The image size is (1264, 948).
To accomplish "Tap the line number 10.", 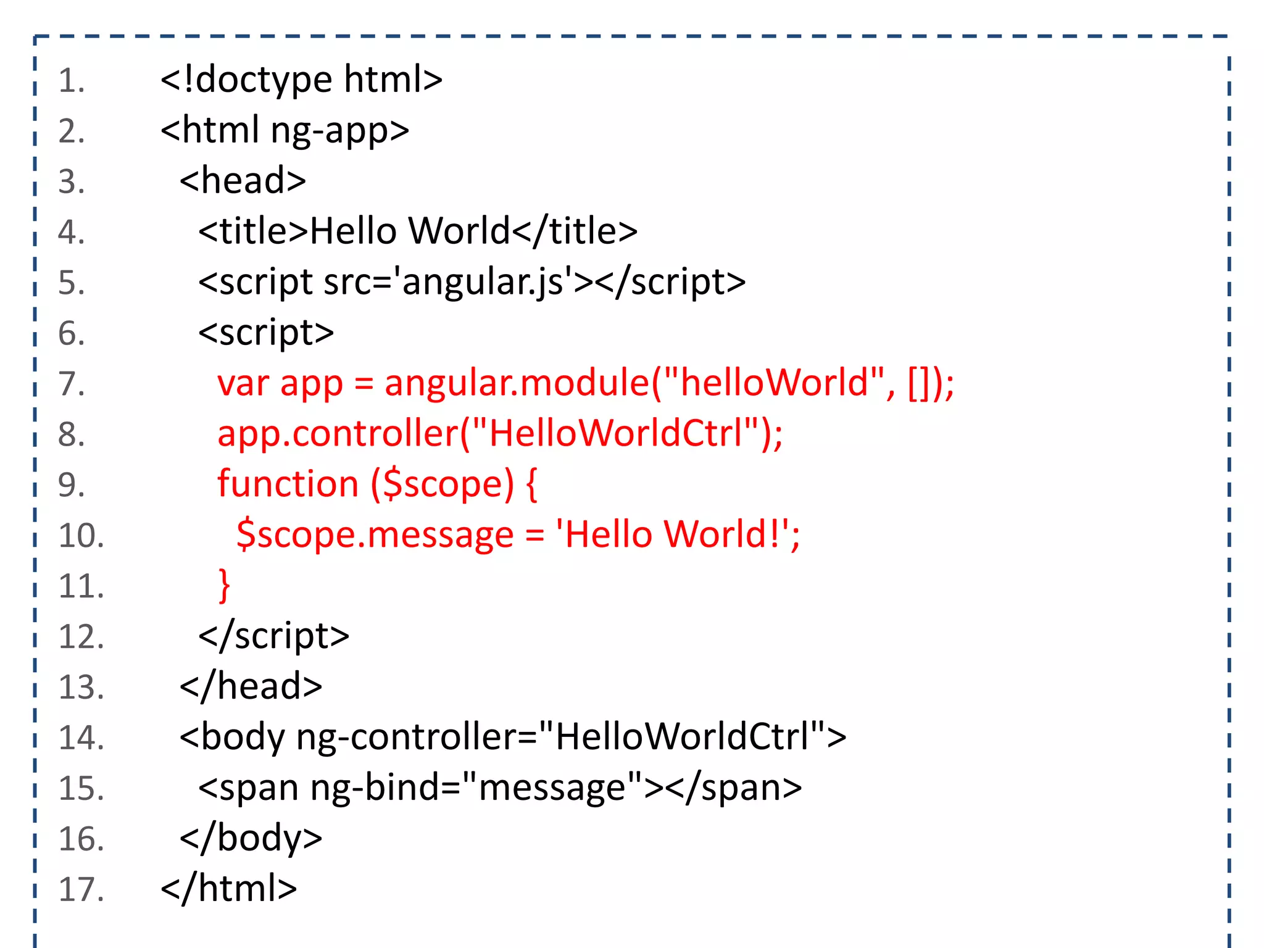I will pos(81,536).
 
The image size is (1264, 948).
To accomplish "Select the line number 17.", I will pos(81,890).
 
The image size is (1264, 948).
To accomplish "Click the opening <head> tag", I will pos(243,181).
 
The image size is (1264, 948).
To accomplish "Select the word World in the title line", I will pos(459,232).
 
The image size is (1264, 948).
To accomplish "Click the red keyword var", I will pos(243,384).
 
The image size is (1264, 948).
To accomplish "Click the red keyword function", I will pos(288,484).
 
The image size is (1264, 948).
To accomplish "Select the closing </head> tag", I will pos(251,688).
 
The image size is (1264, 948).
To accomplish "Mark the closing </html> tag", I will pos(228,890).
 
